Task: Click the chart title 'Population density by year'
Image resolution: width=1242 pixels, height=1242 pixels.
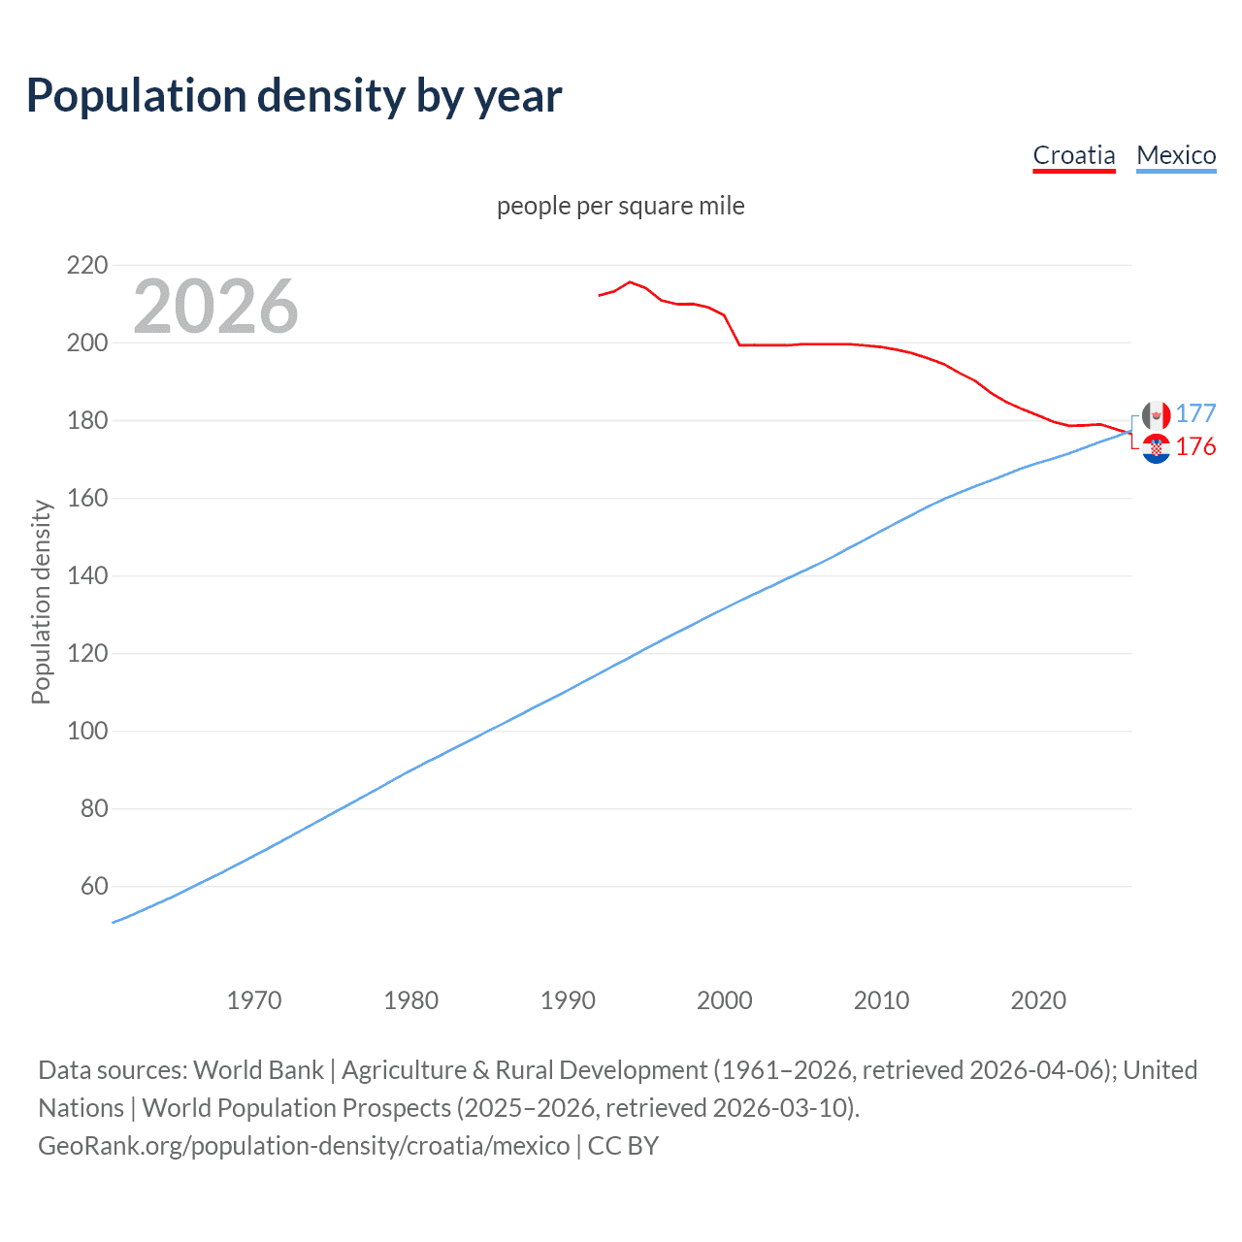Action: pyautogui.click(x=294, y=96)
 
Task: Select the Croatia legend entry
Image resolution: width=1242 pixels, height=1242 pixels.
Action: pyautogui.click(x=1073, y=155)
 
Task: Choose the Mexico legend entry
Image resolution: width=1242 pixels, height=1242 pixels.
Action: pyautogui.click(x=1176, y=155)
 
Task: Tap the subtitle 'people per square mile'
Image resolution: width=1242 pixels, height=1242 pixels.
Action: pyautogui.click(x=620, y=207)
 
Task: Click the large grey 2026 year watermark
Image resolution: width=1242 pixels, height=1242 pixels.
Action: pyautogui.click(x=215, y=307)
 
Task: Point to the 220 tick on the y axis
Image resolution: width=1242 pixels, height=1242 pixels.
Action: pyautogui.click(x=87, y=265)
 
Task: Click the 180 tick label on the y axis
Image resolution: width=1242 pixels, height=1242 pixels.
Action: pyautogui.click(x=87, y=420)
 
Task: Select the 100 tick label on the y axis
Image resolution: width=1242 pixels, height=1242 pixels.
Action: pyautogui.click(x=87, y=731)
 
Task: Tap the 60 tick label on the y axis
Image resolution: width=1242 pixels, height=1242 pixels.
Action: pyautogui.click(x=94, y=886)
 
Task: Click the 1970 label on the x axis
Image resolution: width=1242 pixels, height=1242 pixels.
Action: pyautogui.click(x=254, y=1000)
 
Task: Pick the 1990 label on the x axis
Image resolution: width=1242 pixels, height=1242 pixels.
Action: pyautogui.click(x=568, y=1000)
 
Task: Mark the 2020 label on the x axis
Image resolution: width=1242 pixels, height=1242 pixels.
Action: pyautogui.click(x=1038, y=1000)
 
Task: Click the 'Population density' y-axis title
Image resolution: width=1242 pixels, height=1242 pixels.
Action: pyautogui.click(x=41, y=602)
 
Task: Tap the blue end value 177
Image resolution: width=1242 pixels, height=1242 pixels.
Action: pyautogui.click(x=1195, y=414)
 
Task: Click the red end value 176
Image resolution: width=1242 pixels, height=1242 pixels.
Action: pyautogui.click(x=1195, y=446)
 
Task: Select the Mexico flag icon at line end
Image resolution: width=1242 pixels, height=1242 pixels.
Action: pyautogui.click(x=1156, y=415)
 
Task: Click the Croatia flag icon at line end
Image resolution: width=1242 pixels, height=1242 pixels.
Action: pyautogui.click(x=1156, y=448)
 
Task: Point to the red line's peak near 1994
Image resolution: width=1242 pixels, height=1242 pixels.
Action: pyautogui.click(x=630, y=282)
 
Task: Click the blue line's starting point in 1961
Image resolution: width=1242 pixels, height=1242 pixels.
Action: pyautogui.click(x=114, y=922)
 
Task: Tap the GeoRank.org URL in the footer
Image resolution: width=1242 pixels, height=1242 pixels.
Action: pyautogui.click(x=304, y=1146)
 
